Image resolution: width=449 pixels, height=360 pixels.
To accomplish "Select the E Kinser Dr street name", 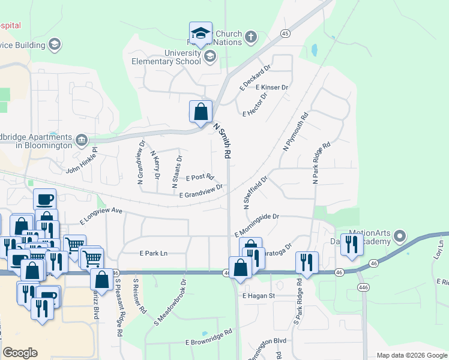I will point(272,88).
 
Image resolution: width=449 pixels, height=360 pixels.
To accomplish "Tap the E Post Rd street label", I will point(200,178).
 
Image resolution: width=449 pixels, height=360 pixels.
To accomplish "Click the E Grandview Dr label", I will point(201,190).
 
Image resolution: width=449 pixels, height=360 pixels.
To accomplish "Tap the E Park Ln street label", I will point(153,253).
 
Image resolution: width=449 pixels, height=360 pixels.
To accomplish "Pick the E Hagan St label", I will point(258,296).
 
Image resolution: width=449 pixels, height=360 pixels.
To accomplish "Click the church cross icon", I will point(251,37).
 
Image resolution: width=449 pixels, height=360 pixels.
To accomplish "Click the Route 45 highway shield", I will point(285,34).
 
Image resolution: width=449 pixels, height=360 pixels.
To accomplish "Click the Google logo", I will point(20,353).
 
